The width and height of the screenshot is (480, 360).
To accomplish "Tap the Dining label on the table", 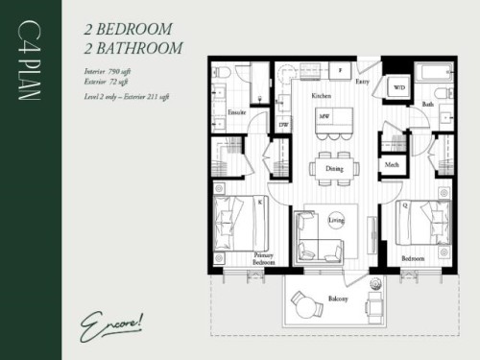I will point(334,168).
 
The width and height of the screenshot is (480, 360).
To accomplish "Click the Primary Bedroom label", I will point(263,258).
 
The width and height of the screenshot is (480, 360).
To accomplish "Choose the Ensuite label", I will point(237,112).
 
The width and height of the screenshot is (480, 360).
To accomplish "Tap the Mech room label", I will point(392,165).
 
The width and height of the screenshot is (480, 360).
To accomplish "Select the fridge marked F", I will point(340,71).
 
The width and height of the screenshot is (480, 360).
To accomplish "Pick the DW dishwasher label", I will point(283,124).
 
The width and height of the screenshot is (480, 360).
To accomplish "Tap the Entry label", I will point(363,83).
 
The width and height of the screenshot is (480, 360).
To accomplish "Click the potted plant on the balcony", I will point(374,284).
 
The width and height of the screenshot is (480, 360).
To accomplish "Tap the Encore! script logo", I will point(108,320).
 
